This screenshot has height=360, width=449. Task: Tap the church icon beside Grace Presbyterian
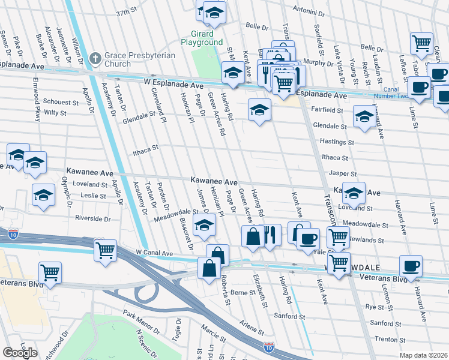(x=94, y=58)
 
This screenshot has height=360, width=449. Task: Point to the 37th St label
(x=127, y=12)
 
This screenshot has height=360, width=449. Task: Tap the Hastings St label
(x=337, y=142)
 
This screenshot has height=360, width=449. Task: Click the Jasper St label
(x=339, y=173)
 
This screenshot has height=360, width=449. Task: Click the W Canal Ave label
(x=154, y=253)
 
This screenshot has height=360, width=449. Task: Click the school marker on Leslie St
(x=44, y=196)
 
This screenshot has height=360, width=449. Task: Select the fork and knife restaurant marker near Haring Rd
(x=271, y=235)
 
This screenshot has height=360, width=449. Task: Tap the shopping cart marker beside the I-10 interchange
(x=105, y=249)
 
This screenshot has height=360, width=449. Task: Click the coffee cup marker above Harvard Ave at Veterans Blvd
(x=411, y=265)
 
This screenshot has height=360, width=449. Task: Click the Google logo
(x=20, y=353)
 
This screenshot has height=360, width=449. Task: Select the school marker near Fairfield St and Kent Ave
(x=259, y=109)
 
